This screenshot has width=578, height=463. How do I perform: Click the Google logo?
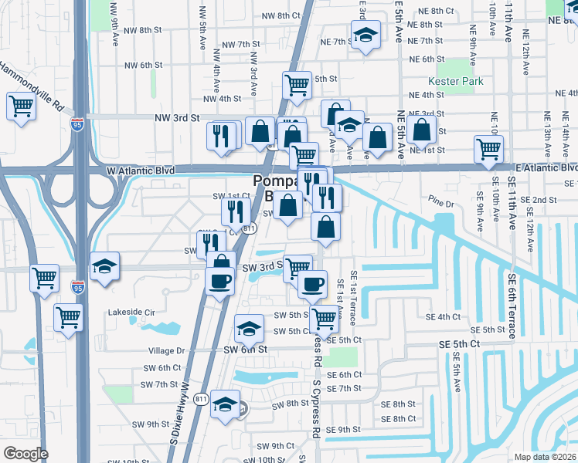pyautogui.click(x=25, y=454)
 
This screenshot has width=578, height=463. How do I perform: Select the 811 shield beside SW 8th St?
pyautogui.click(x=201, y=398)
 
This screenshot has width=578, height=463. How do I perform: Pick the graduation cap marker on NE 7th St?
pyautogui.click(x=365, y=34)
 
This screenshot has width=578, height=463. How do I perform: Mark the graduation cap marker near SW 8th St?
pyautogui.click(x=225, y=402)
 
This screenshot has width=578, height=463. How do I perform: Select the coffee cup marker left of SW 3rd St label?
pyautogui.click(x=220, y=279)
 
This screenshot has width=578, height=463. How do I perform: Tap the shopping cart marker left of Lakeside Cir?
pyautogui.click(x=69, y=316)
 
